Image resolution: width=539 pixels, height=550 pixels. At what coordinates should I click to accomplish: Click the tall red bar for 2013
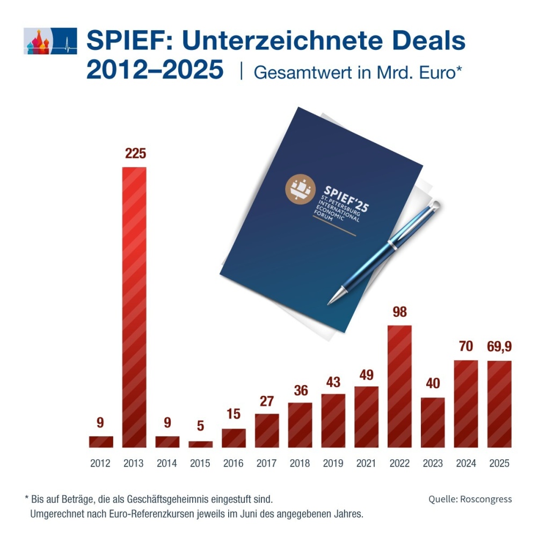point(134,306)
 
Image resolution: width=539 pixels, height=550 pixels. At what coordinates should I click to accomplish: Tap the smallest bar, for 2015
point(201,444)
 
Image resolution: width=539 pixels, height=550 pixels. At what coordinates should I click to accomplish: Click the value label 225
point(135,154)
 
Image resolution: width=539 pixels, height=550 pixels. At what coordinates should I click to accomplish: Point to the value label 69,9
point(499,348)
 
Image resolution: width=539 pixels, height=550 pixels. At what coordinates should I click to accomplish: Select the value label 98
point(399,312)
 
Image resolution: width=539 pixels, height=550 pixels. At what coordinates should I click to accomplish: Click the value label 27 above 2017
point(267,401)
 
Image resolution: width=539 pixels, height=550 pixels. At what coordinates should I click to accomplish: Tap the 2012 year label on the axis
point(100,464)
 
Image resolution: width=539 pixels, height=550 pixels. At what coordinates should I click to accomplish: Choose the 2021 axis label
point(366,464)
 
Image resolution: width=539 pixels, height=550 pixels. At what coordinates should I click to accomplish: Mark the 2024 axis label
point(465,464)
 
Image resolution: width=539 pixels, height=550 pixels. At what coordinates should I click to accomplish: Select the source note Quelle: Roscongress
point(470,499)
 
